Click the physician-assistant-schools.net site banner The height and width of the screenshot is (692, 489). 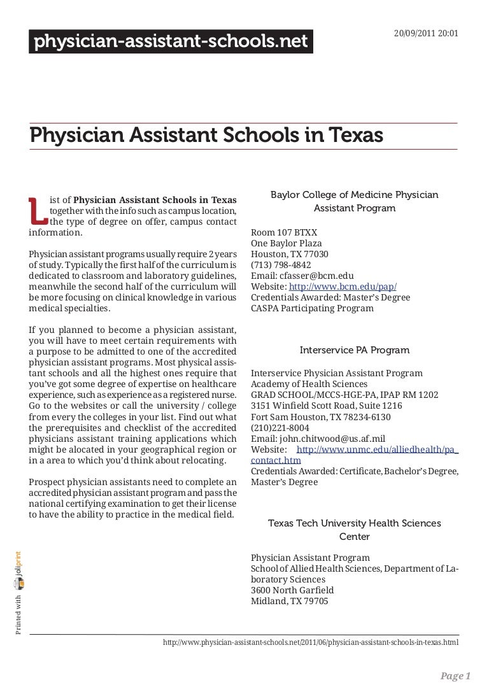pos(171,42)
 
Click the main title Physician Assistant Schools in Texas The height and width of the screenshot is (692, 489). pos(206,135)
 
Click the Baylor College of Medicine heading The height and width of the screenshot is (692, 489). pos(354,201)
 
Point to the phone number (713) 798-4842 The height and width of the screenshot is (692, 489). pos(281,265)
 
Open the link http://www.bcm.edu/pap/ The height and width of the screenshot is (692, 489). pos(343,286)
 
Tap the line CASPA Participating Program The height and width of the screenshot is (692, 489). pos(312,308)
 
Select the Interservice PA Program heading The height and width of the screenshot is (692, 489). pos(354,350)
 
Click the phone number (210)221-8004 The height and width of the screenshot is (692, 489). pos(280,427)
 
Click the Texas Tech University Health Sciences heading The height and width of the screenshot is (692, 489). pos(354,530)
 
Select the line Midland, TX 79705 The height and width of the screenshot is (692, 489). pos(290,601)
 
